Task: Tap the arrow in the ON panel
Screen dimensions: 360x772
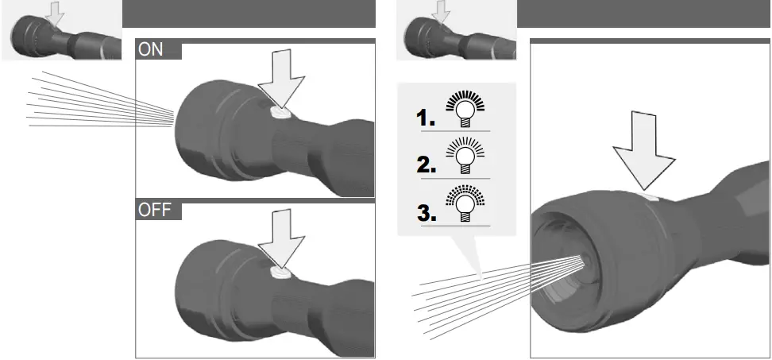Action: point(284,83)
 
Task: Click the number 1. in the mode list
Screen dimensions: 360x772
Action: point(426,119)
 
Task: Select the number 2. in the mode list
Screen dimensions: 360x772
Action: point(427,165)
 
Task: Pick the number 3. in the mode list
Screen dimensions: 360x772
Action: point(427,214)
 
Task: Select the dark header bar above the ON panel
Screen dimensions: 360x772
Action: point(249,14)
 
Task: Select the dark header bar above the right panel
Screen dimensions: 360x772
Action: point(643,14)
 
